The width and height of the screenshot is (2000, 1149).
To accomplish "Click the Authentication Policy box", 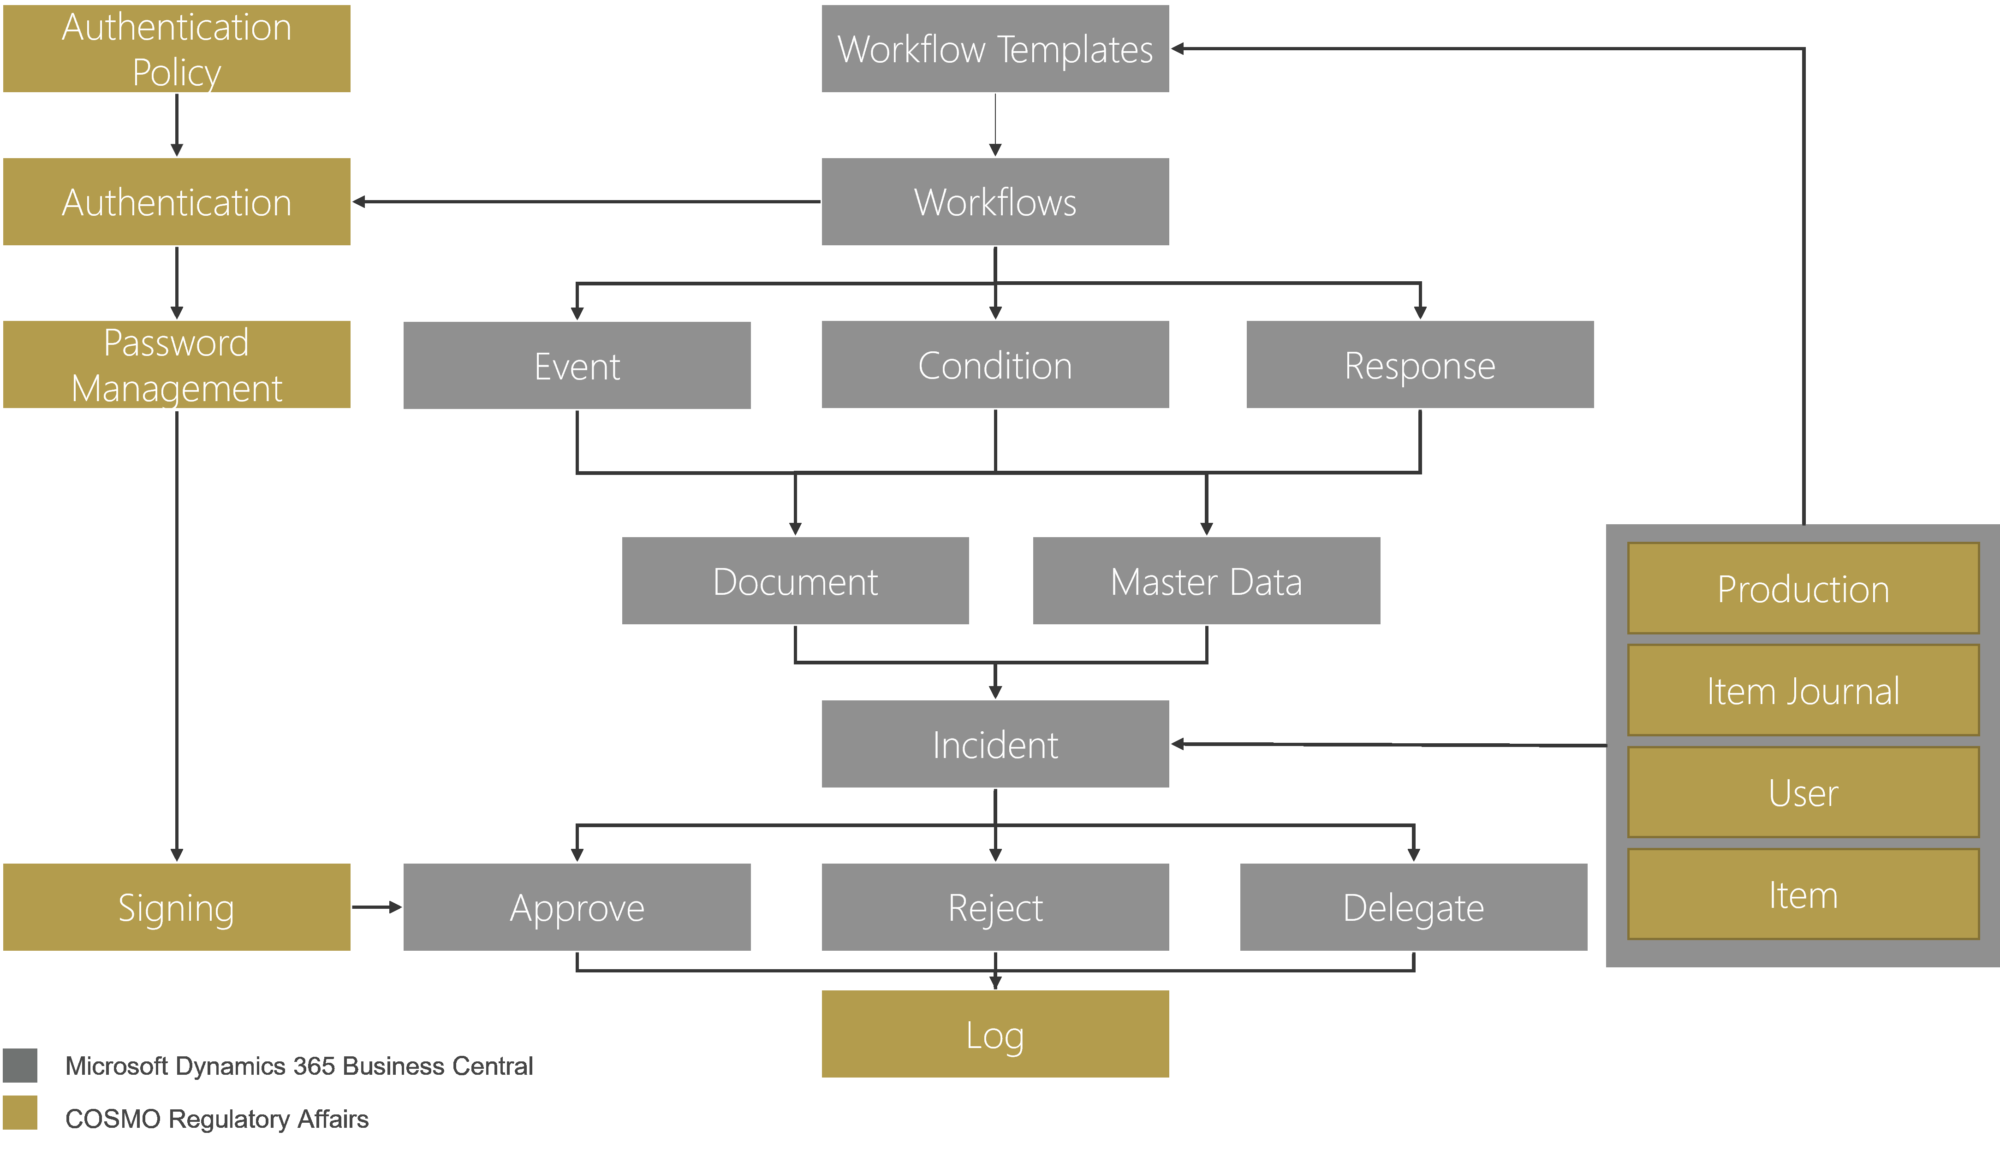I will [176, 49].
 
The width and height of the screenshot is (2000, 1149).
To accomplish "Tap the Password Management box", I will [176, 365].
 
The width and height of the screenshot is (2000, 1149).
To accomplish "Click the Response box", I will [1419, 365].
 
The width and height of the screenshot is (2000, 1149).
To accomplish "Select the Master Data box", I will [1206, 581].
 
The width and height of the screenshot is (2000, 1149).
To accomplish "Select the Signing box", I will [176, 907].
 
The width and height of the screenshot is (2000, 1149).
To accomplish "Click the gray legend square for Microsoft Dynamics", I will [20, 1066].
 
